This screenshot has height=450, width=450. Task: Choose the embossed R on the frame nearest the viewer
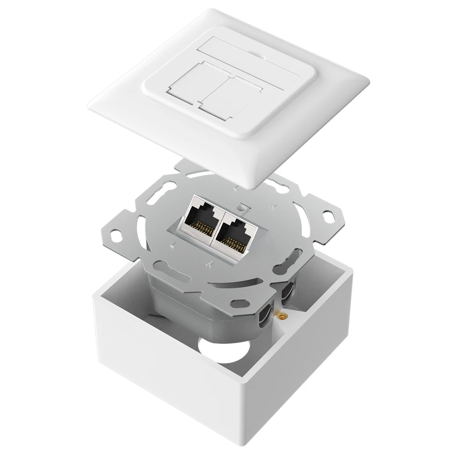[x=208, y=266]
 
